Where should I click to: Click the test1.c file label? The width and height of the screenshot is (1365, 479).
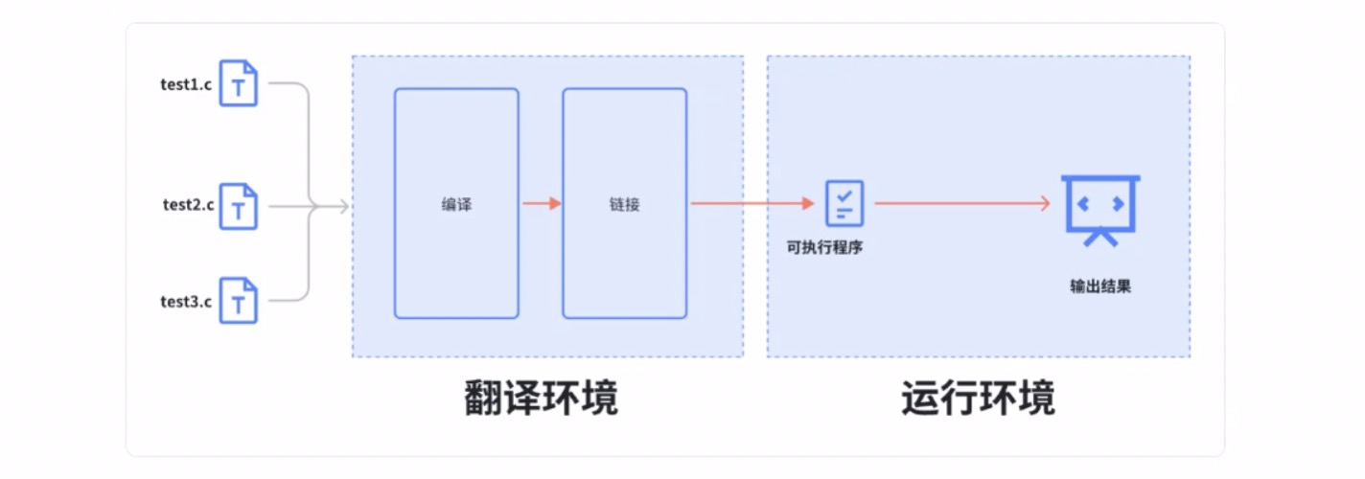186,83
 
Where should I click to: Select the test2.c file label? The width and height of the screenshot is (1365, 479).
188,204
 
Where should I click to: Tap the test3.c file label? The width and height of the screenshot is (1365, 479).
186,302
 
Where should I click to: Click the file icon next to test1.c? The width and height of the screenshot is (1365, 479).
239,83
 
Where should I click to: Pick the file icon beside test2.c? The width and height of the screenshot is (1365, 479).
239,206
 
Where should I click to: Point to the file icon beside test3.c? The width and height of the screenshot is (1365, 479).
239,301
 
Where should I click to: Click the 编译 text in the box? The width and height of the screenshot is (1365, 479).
456,204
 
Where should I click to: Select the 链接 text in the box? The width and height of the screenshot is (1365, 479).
624,204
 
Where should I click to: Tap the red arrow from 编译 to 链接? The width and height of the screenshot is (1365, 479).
541,204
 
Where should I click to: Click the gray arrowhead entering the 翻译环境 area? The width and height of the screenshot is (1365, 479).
342,205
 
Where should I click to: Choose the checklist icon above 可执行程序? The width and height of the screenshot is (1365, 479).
844,203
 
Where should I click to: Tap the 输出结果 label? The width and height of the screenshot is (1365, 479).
1100,285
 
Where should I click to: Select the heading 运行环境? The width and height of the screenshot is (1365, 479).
978,399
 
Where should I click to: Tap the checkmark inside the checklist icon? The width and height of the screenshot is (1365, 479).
844,195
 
